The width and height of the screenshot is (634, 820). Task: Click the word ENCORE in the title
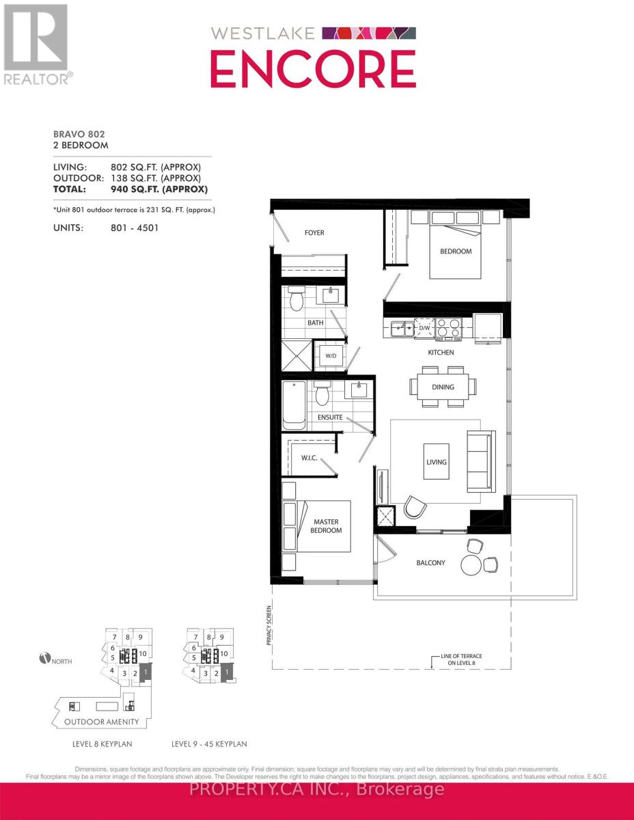tap(313, 69)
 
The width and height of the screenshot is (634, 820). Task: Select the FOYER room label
tap(314, 233)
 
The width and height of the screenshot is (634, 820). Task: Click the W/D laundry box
tap(330, 355)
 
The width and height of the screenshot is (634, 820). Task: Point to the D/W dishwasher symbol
tap(424, 329)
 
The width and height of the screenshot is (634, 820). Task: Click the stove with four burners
tap(448, 329)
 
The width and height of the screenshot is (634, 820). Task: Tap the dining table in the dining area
tap(443, 387)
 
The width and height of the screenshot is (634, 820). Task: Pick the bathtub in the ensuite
tap(294, 405)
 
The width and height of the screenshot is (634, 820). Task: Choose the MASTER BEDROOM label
tap(327, 525)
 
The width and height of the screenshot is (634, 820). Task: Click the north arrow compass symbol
tap(46, 659)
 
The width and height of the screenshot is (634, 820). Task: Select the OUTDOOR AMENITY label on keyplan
tap(101, 722)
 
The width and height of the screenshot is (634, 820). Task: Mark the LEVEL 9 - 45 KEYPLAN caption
tap(210, 743)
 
